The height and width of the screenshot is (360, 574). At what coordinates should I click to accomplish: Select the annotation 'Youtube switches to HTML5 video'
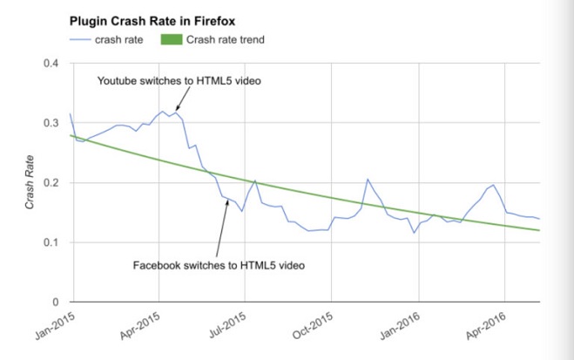click(179, 80)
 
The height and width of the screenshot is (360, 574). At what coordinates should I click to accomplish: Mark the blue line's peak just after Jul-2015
click(254, 180)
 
